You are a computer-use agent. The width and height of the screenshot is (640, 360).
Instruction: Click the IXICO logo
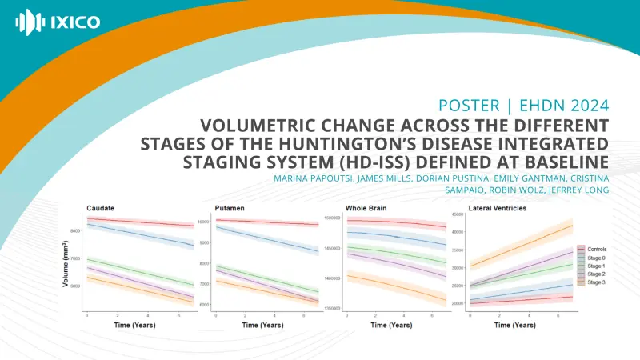58,22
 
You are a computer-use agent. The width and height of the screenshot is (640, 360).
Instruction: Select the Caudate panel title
100,208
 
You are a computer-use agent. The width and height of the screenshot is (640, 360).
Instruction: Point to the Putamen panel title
230,208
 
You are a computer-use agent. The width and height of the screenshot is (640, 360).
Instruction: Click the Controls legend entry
597,250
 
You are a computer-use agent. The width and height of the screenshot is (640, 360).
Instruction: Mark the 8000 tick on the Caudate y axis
75,230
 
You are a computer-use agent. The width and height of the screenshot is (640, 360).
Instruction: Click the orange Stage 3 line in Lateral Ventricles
520,246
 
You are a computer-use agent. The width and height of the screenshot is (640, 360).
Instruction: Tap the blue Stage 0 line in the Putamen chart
264,239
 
